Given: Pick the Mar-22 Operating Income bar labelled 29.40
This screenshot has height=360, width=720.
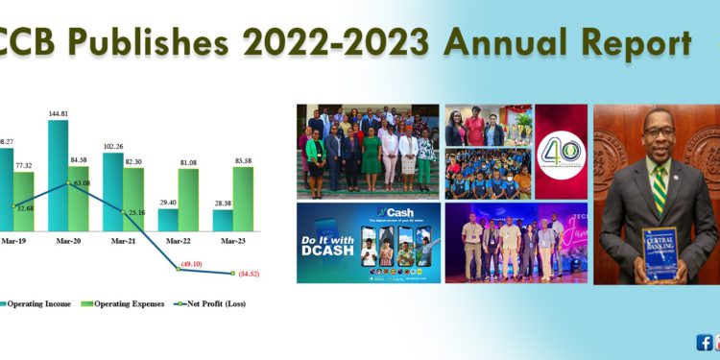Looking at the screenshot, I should pos(168,220).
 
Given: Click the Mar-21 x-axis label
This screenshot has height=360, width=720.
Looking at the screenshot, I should pos(121,245).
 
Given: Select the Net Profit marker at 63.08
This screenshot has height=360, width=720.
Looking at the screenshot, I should pos(68,183).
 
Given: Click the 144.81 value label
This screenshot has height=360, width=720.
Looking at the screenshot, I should pos(59,113).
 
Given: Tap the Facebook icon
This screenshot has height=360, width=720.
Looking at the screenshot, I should pos(703,342).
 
